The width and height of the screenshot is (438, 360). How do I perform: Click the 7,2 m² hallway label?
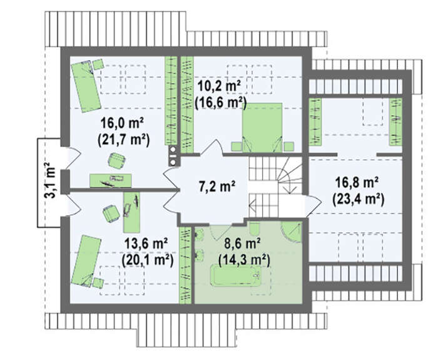tap(216, 186)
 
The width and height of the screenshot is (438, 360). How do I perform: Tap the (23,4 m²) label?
tap(359, 200)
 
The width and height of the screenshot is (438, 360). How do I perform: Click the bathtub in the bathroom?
tap(236, 276)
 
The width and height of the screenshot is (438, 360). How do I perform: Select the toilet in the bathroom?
tap(254, 230)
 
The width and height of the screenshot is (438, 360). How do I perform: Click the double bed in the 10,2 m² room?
tap(262, 128)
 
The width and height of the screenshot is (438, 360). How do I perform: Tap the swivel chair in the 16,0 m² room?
tap(117, 161)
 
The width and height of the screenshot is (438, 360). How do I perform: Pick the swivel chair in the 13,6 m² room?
tap(111, 213)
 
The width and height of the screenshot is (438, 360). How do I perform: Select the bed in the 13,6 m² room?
tap(86, 261)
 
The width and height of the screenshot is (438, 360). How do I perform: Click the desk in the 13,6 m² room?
tap(131, 212)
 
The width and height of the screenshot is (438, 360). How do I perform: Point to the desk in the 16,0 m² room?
tap(111, 180)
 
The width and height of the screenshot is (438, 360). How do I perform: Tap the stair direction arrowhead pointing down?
tap(290, 190)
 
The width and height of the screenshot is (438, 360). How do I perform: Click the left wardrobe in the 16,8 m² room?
tap(315, 122)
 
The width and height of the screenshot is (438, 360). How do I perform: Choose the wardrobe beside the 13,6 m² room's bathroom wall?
tap(185, 265)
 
